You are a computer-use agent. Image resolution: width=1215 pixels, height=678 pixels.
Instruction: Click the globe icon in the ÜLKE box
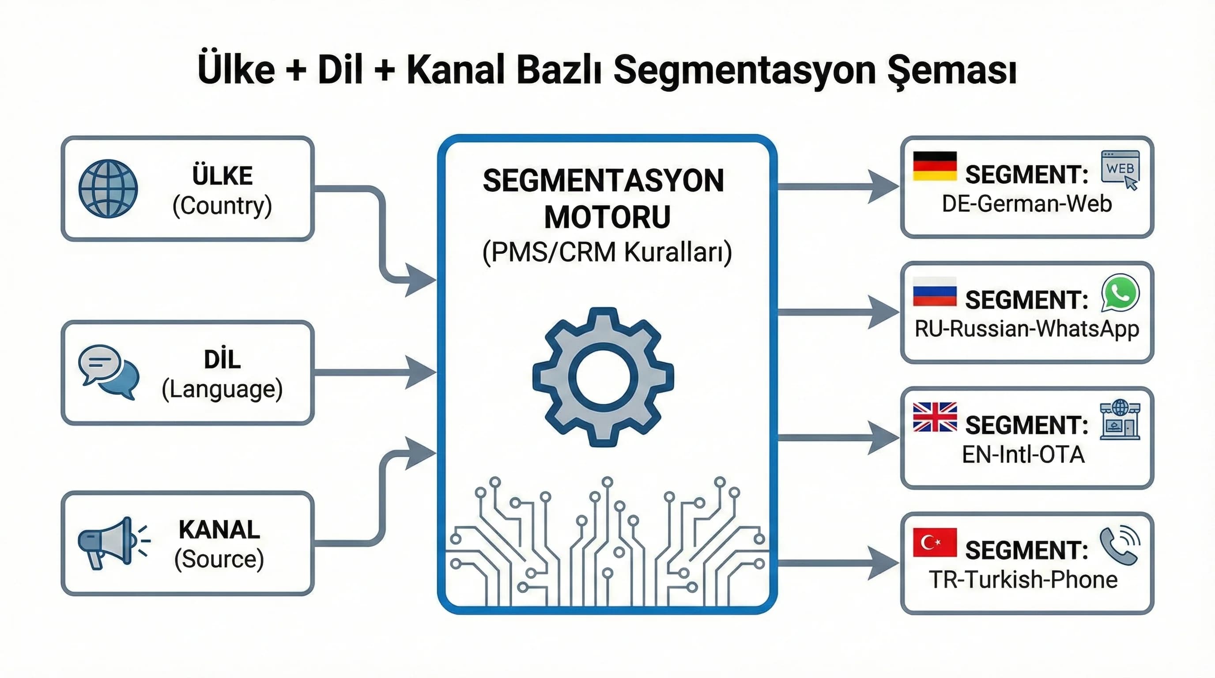click(108, 188)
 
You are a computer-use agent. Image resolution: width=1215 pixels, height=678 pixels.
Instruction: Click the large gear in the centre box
click(603, 377)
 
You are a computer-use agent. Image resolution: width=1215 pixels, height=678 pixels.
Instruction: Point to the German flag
click(934, 166)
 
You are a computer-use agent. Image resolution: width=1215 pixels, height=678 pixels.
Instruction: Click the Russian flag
click(934, 291)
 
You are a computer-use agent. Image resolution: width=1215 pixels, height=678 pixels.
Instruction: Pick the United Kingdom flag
click(934, 417)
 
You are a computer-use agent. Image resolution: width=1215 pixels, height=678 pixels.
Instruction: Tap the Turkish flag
click(934, 542)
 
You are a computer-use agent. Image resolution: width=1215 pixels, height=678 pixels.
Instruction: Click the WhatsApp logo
click(1120, 293)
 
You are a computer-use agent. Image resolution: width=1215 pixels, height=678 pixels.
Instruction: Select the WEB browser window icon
click(1120, 169)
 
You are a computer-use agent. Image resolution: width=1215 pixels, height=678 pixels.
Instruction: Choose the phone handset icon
click(1120, 545)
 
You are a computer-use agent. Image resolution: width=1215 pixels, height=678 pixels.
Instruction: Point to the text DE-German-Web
click(1026, 203)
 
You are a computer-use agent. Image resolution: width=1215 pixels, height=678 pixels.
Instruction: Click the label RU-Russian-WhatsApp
click(1026, 329)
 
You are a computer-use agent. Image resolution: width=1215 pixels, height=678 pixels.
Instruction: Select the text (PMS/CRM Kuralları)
click(607, 252)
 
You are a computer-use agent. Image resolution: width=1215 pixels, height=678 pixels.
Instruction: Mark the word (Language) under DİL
click(222, 389)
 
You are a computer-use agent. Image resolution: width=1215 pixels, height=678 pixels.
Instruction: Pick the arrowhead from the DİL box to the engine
click(420, 373)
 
